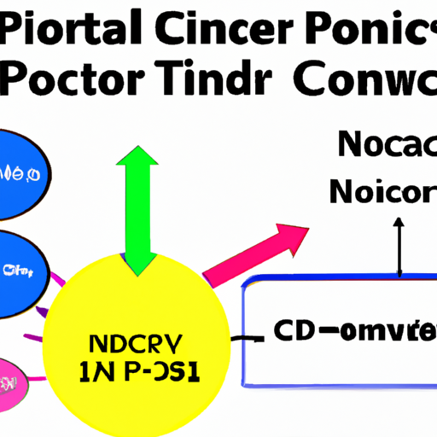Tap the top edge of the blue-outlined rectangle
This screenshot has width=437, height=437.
[x=341, y=281]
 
